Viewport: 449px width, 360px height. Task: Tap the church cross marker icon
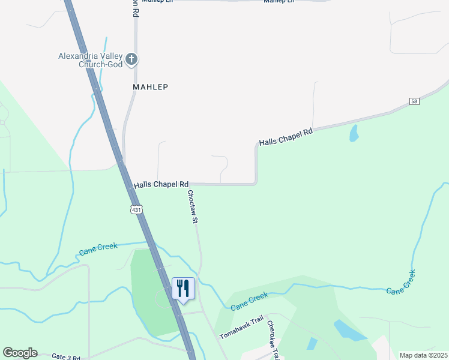(x=132, y=59)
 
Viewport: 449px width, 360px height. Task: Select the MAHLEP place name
(x=149, y=87)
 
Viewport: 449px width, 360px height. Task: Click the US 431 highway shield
(x=136, y=209)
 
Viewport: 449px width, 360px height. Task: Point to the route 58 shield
(x=415, y=101)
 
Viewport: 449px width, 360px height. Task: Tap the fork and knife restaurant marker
(x=184, y=289)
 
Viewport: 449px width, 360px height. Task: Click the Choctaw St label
(x=193, y=207)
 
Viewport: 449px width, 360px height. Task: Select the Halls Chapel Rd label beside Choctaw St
(x=161, y=185)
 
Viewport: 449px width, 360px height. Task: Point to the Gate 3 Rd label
(x=66, y=357)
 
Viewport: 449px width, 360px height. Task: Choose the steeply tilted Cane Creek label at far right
(x=402, y=282)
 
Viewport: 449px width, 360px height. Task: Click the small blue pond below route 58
(x=354, y=133)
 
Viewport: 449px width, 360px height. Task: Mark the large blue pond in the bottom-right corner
(x=347, y=331)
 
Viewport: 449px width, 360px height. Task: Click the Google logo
(x=20, y=353)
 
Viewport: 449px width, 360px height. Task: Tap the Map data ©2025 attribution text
(x=424, y=355)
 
